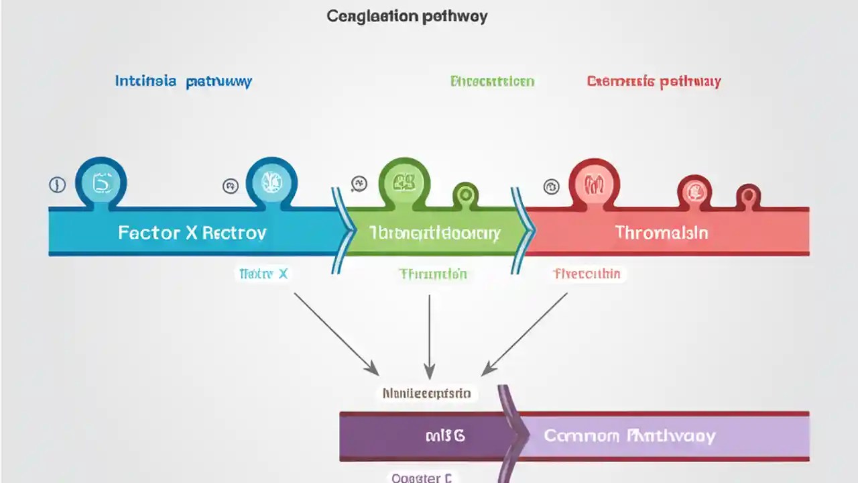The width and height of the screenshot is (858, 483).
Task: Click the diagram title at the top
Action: pos(407,17)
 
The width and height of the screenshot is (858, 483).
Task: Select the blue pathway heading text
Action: pos(184,82)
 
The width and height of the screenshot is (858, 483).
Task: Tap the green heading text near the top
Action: pos(492,82)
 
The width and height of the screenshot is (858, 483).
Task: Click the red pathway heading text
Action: pos(654,82)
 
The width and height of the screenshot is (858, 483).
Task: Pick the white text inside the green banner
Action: pos(434,233)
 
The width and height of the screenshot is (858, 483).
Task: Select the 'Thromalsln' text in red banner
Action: pos(662,233)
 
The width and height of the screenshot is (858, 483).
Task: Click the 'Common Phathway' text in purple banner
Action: pos(629,436)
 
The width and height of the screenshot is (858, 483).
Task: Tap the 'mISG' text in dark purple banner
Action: pos(445,436)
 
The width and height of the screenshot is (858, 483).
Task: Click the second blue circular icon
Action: pos(271,181)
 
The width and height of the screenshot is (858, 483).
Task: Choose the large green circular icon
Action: pos(404,181)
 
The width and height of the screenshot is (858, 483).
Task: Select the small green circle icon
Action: pos(465,195)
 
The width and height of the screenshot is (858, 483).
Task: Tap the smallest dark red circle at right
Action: pos(748,197)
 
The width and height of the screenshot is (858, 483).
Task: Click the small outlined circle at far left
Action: pos(58,185)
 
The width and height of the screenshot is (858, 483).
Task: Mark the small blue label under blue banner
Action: pos(263,274)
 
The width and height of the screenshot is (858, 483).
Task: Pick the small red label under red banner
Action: pos(587,274)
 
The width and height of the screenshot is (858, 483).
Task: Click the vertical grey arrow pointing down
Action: pos(429,335)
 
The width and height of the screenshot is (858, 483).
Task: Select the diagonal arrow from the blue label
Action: pos(335,333)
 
